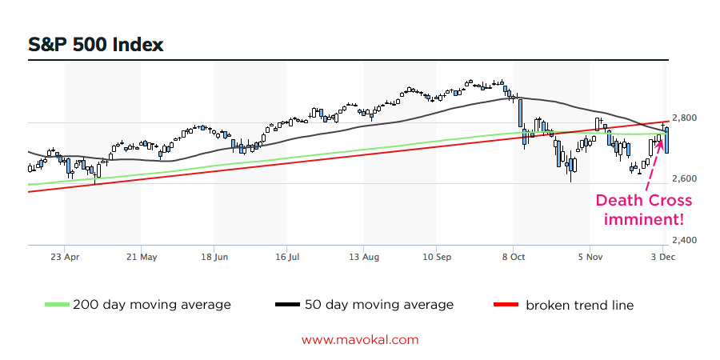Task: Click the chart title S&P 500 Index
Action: tap(96, 44)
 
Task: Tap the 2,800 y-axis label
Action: tap(685, 118)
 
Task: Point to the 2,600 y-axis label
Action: tap(685, 178)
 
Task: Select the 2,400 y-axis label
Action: tap(685, 240)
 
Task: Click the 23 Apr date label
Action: tap(65, 258)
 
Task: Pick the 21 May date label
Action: tap(141, 258)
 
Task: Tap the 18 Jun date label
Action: tap(214, 258)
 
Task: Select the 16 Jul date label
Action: tap(286, 258)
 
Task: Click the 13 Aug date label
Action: tap(364, 258)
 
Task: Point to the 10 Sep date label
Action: tap(437, 258)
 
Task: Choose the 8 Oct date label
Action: tap(514, 258)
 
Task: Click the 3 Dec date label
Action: tap(662, 258)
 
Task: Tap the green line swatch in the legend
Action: tap(57, 305)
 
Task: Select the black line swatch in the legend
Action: tap(286, 305)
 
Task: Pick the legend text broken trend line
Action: tap(579, 305)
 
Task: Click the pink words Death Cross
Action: tap(643, 201)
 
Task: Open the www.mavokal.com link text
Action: tap(360, 339)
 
